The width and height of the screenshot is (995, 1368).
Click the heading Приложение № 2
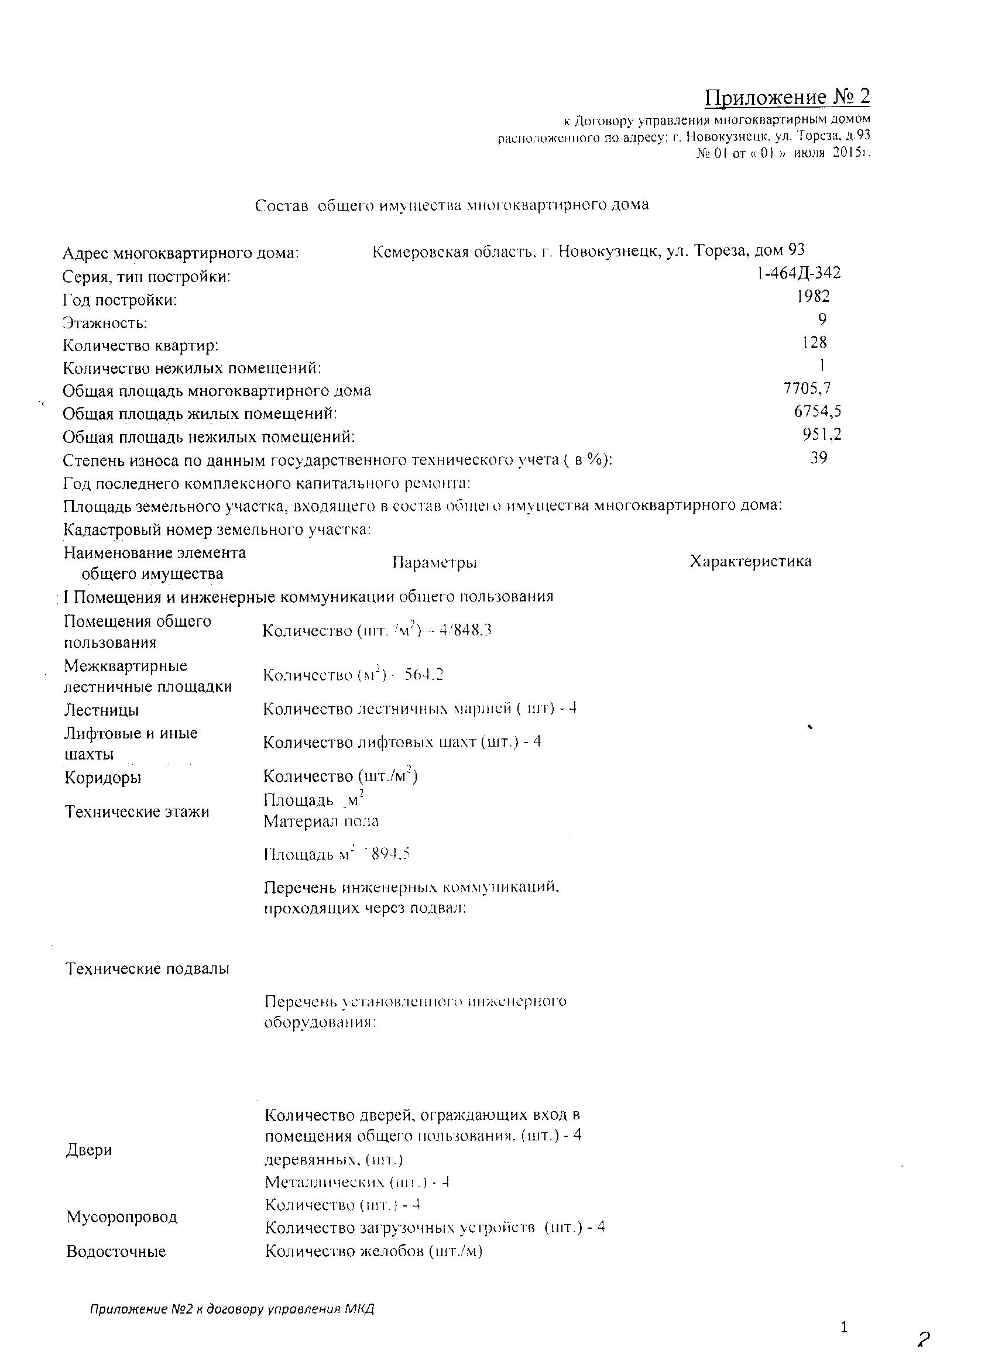coord(788,97)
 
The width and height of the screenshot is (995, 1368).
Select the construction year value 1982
coord(813,296)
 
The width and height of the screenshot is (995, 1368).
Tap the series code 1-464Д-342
coord(798,273)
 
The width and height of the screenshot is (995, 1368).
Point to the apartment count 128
coord(815,343)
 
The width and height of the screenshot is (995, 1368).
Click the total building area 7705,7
coord(807,389)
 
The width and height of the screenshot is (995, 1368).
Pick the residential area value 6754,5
coord(818,411)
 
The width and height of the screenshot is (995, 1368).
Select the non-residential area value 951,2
coord(822,434)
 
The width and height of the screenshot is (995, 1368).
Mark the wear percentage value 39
coord(819,457)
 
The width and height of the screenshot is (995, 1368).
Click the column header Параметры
coord(434,562)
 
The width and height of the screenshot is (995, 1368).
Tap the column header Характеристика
coord(750,561)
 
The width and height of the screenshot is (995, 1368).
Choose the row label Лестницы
coord(101,710)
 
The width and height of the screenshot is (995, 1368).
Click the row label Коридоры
coord(103,778)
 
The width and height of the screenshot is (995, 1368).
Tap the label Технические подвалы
coord(147,969)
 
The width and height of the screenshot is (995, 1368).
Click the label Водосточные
coord(116,1251)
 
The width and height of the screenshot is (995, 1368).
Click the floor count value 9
coord(822,319)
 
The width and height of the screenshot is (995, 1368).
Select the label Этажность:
coord(105,324)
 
